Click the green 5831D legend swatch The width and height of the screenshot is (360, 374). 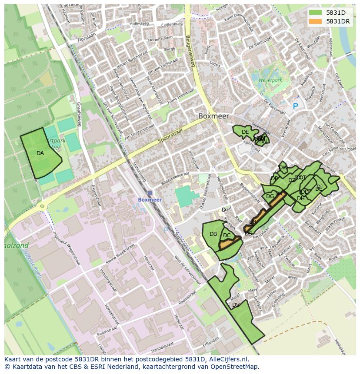315,13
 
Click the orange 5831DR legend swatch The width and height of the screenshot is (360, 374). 315,21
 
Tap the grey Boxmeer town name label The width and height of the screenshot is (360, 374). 213,116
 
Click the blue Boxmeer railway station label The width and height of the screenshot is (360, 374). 150,200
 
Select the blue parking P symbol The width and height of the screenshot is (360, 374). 296,106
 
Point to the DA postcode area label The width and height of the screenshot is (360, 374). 40,153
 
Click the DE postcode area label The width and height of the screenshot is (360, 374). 245,132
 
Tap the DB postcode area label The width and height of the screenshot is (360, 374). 213,234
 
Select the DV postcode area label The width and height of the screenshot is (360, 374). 236,305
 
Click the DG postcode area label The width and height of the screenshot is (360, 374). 270,196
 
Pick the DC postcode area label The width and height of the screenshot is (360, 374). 227,236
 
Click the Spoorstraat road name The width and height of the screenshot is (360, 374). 169,135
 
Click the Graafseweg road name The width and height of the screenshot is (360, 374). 78,114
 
